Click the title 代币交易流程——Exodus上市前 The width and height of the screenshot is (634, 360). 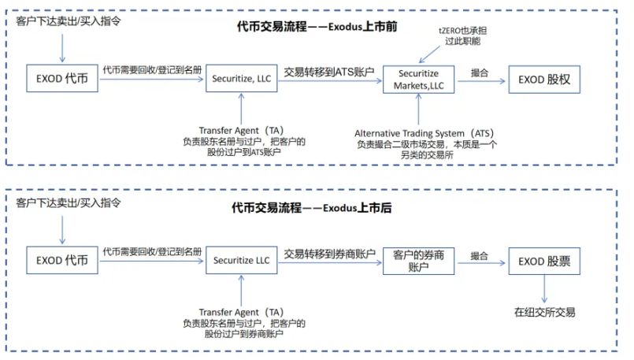coord(317,27)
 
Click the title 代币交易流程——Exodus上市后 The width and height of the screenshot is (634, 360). coord(312,209)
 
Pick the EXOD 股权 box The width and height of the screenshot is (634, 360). coord(545,78)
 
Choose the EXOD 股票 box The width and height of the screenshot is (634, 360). coord(545,260)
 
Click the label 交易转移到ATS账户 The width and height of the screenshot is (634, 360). coord(328,71)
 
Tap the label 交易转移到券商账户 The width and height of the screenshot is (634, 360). coord(328,254)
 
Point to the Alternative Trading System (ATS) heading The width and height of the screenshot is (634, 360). coord(423,132)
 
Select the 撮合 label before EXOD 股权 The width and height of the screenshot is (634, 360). coord(479,72)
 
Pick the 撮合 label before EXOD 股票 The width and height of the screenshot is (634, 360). coord(479,254)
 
